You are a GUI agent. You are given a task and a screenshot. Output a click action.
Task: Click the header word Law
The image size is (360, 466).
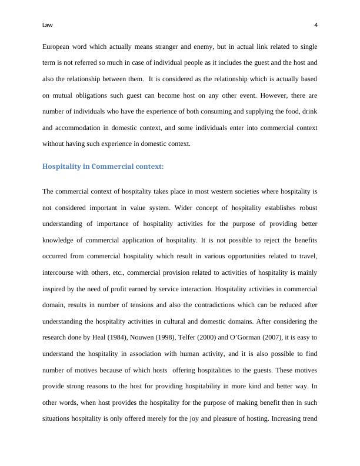pos(47,25)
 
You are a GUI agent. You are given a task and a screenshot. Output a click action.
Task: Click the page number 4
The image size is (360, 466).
pos(316,25)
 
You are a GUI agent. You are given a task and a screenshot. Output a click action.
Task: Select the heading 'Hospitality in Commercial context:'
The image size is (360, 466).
pos(103,167)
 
